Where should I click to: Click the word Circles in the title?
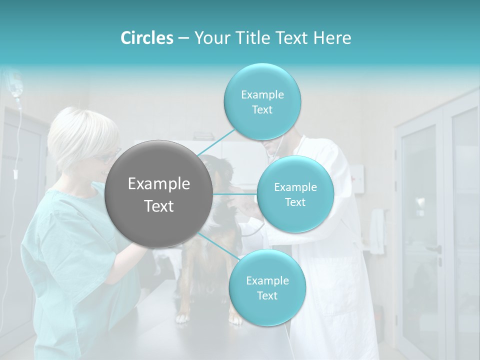pyautogui.click(x=146, y=38)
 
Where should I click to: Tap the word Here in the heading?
pyautogui.click(x=332, y=38)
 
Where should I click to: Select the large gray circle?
pyautogui.click(x=159, y=194)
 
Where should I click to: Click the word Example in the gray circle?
pyautogui.click(x=159, y=184)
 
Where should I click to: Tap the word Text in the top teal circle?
pyautogui.click(x=262, y=110)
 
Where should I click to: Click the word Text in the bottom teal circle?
pyautogui.click(x=267, y=296)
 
